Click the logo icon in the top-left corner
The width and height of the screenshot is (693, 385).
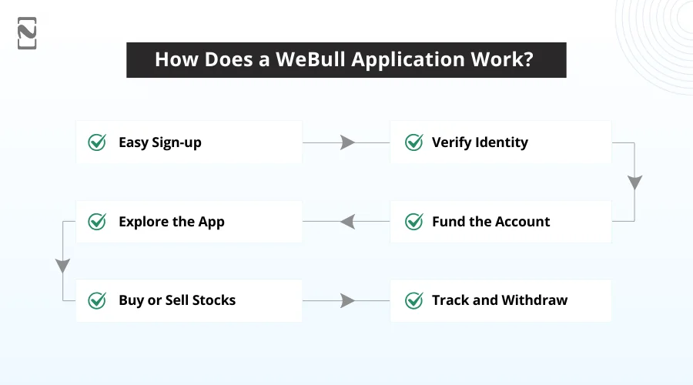point(27,33)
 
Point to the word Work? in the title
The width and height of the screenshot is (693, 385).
point(505,60)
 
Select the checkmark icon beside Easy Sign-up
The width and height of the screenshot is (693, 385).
point(97,142)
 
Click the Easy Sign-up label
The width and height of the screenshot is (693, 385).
point(159,142)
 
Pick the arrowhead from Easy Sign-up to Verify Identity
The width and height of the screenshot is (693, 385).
point(347,142)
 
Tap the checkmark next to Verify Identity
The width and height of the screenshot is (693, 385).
point(414,142)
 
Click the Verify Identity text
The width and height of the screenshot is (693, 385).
point(480,142)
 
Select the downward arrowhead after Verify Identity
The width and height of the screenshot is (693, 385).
point(634,182)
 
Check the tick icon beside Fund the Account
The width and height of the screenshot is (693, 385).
point(414,222)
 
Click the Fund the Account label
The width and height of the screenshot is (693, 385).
point(490,222)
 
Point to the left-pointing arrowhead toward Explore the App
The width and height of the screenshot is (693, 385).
point(347,222)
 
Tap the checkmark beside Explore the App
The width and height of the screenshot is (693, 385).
point(97,222)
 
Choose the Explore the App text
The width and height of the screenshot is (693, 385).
point(171,222)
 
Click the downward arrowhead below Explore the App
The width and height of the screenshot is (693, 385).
point(62,266)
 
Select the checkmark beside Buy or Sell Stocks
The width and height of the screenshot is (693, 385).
point(97,300)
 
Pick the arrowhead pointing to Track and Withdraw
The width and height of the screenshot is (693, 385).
point(347,300)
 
